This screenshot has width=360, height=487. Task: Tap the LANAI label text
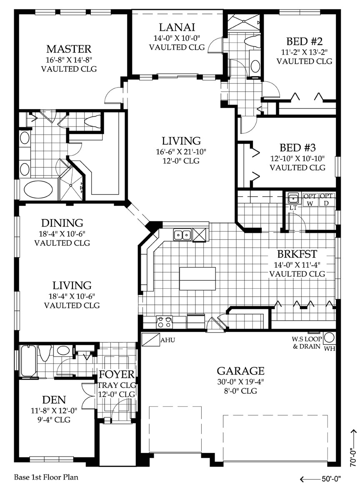177,27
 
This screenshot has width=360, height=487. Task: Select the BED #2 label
305,42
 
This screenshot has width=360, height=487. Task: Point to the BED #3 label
297,148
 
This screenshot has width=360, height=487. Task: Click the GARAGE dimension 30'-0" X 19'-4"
240,382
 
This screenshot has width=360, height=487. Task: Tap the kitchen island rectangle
197,279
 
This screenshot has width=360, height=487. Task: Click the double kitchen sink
182,235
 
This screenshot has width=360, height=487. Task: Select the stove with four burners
164,322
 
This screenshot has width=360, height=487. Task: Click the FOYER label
116,374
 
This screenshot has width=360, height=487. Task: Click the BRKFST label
296,254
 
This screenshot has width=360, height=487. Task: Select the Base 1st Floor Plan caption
46,476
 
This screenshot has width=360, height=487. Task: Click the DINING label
62,223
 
